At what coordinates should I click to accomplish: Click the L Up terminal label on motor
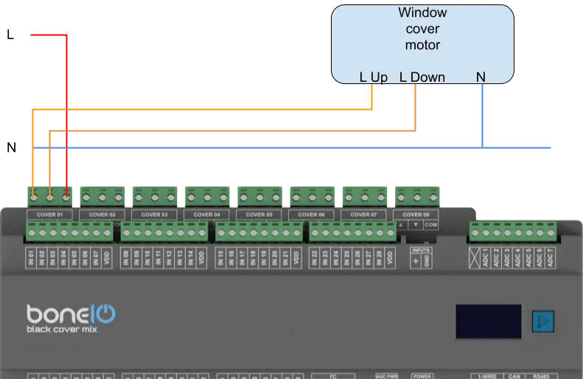click(373, 77)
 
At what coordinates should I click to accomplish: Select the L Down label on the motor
click(422, 77)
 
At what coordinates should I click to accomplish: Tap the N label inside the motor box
click(481, 77)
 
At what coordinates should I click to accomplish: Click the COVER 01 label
click(49, 215)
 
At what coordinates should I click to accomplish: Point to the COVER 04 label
click(207, 215)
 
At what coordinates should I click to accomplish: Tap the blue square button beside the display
click(542, 321)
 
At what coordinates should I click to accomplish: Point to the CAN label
click(514, 376)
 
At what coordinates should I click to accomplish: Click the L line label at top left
click(10, 34)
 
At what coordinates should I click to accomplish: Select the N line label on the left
click(11, 147)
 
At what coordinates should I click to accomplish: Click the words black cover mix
click(62, 329)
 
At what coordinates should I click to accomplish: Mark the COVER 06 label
click(312, 215)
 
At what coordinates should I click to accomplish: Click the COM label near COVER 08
click(431, 224)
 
